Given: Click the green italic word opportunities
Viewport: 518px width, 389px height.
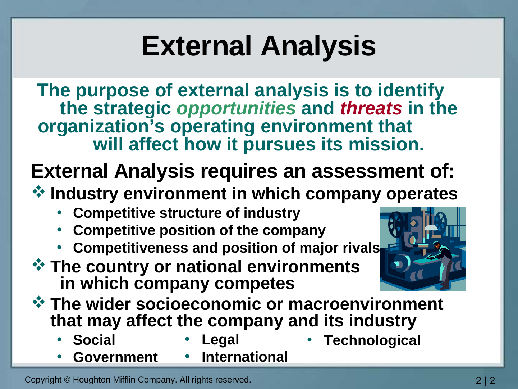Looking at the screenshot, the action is (236, 108).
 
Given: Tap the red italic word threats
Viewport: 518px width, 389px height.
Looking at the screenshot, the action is (371, 108).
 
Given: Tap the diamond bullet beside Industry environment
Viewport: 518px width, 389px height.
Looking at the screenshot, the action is (38, 191).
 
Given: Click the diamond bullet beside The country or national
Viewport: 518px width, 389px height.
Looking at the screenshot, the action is (38, 264).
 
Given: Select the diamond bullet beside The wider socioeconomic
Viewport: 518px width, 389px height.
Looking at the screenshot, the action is (38, 302).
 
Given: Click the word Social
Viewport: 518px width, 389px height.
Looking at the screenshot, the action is (94, 340).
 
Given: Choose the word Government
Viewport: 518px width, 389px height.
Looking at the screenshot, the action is (115, 357).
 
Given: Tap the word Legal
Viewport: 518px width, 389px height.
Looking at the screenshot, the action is (220, 340).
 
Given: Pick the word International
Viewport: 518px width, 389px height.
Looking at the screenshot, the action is (245, 357).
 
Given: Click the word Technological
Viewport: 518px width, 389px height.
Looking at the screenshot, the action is (372, 340).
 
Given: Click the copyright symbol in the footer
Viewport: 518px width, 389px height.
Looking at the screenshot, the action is (67, 380).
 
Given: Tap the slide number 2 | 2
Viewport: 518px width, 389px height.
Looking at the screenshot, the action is (485, 380).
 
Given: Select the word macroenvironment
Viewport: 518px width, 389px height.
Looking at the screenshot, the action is (366, 304).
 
